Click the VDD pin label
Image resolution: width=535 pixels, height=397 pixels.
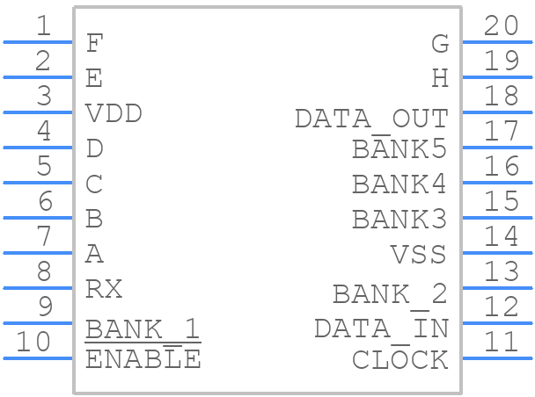[114, 113]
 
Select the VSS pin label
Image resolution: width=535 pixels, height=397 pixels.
[418, 255]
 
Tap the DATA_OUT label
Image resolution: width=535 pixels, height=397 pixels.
[371, 119]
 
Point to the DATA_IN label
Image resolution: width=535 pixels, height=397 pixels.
[381, 328]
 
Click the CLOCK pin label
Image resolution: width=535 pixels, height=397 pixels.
[399, 360]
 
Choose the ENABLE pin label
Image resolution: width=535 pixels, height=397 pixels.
[143, 359]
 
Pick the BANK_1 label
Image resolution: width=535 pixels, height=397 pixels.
[143, 328]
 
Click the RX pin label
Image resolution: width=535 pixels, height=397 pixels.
[104, 289]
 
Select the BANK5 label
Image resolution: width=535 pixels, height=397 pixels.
[399, 148]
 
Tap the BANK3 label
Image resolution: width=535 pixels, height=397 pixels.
[399, 219]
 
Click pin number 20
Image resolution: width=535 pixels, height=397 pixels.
[502, 25]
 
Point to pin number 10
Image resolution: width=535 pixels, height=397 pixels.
[33, 342]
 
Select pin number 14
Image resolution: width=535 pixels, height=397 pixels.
[502, 236]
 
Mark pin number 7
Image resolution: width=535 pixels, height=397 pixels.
[44, 236]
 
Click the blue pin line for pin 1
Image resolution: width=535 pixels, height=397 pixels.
[38, 42]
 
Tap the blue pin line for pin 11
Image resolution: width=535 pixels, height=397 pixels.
[497, 358]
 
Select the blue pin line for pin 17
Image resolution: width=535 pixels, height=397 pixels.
[497, 148]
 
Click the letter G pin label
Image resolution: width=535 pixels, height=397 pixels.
[440, 43]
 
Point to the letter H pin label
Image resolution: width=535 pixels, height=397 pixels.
[440, 78]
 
